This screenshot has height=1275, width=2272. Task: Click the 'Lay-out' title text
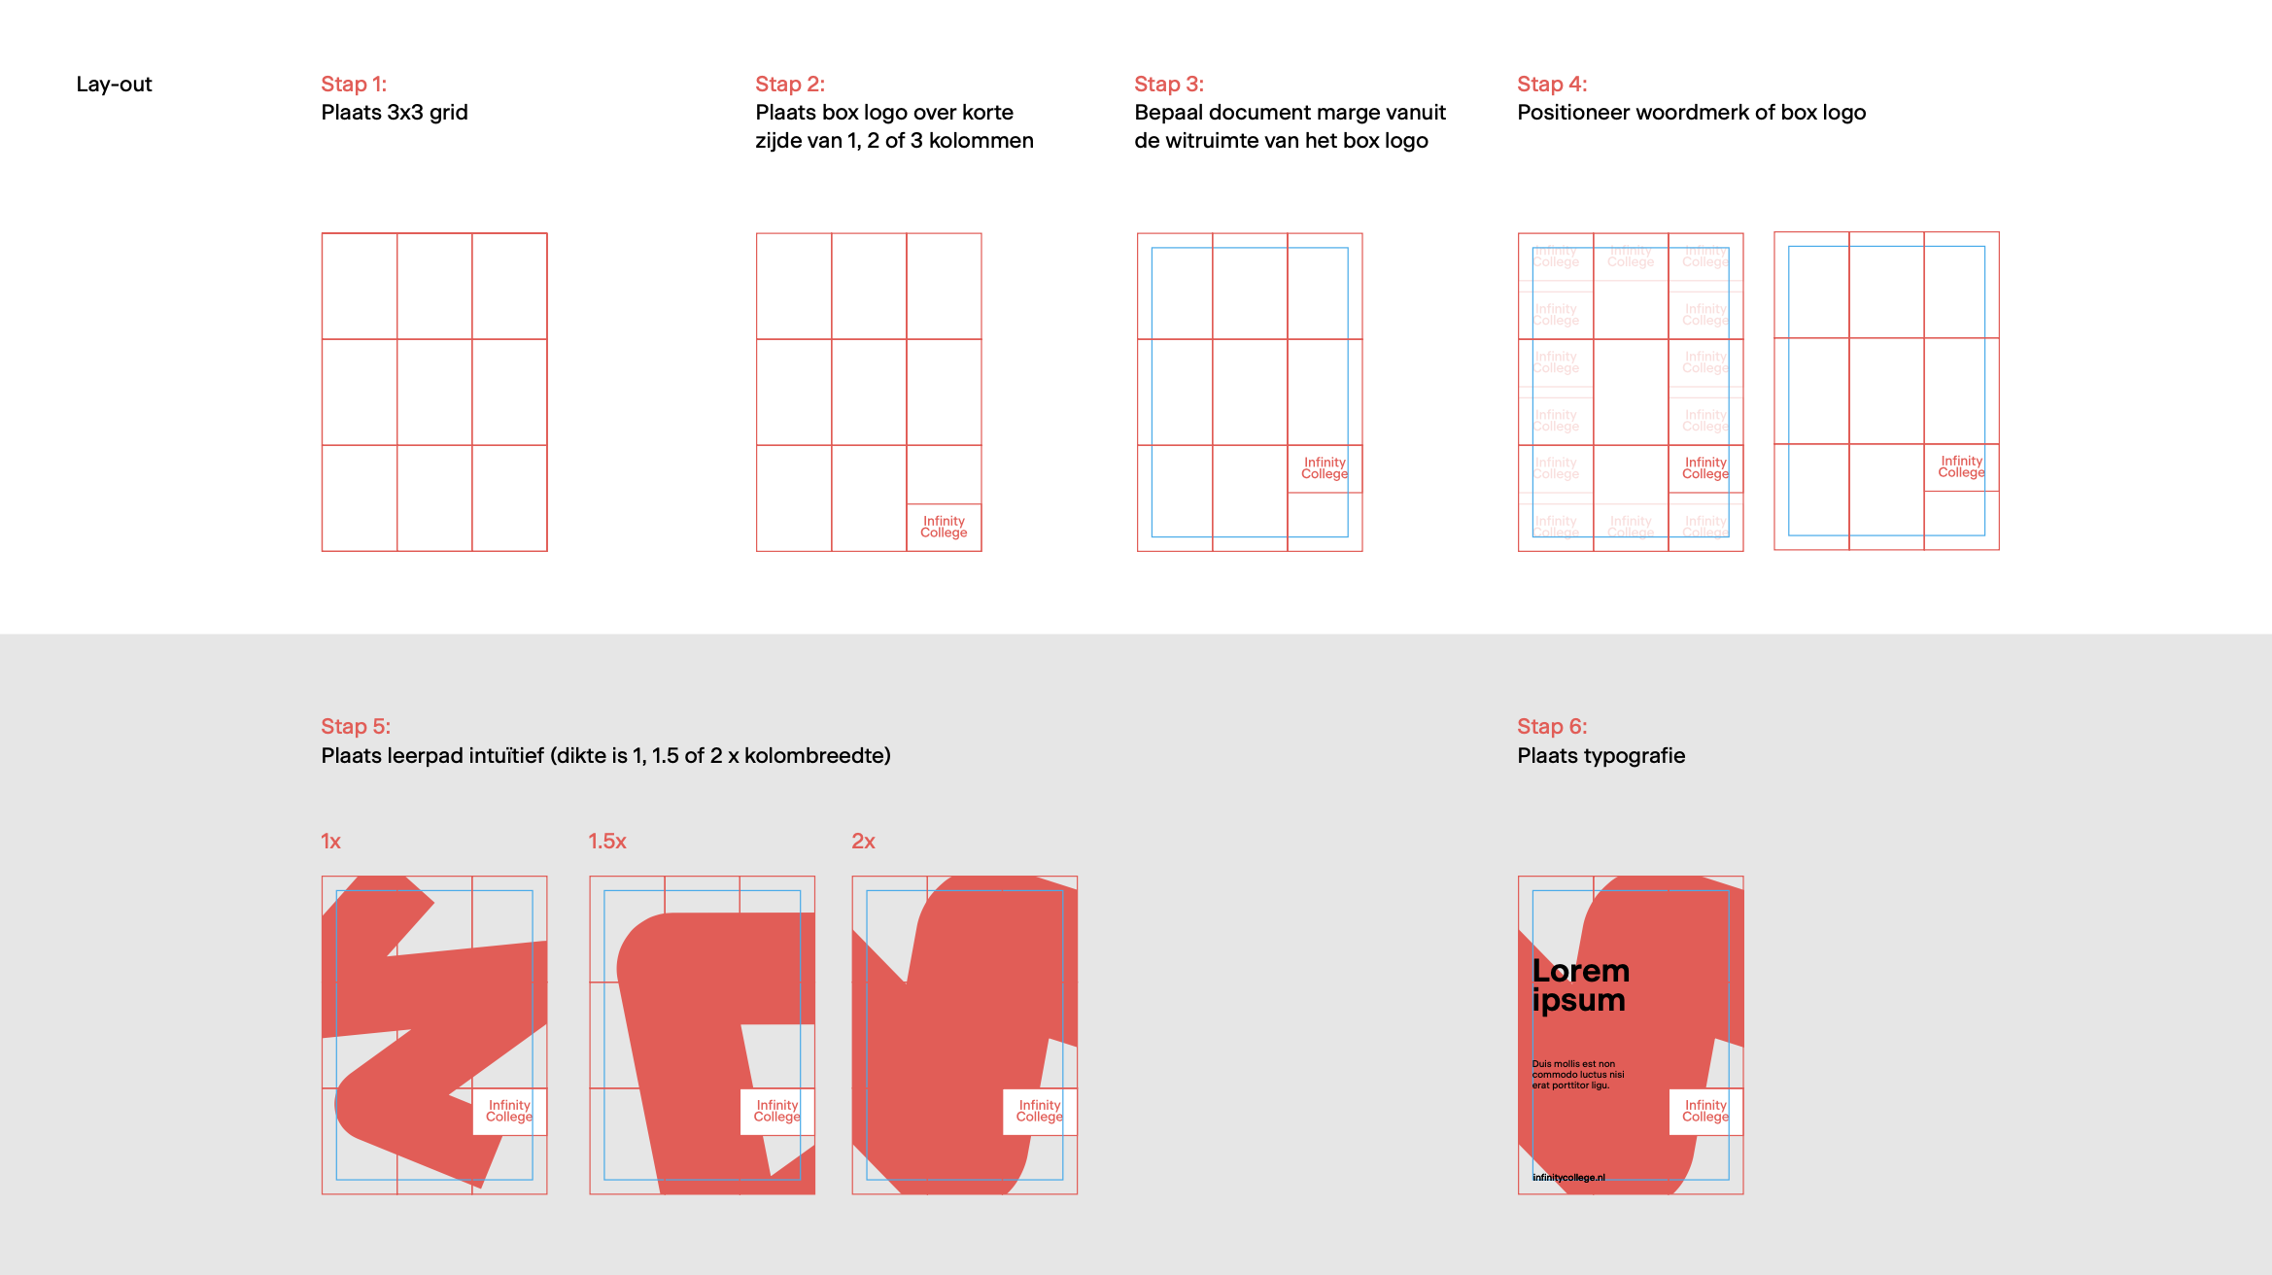[x=114, y=85]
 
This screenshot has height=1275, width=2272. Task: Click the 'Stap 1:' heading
[x=354, y=85]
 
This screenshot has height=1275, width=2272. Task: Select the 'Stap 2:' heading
[x=789, y=85]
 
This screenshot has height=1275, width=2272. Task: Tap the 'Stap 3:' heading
[x=1168, y=85]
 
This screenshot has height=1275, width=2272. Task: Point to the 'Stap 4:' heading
[x=1551, y=85]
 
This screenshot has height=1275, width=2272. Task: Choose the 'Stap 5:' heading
[x=356, y=727]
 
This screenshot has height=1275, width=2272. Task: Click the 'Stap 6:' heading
[x=1551, y=727]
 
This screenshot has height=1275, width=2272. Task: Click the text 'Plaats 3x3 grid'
[x=394, y=113]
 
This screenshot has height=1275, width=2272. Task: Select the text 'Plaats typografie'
[x=1601, y=756]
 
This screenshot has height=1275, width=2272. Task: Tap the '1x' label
[x=330, y=842]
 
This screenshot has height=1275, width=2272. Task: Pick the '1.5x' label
[x=606, y=842]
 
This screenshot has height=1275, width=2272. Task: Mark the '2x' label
[x=863, y=842]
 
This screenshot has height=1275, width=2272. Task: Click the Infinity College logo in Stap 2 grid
[x=944, y=527]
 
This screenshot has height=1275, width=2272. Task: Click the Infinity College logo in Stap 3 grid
[x=1325, y=468]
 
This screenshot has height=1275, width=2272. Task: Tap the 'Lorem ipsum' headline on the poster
[x=1580, y=985]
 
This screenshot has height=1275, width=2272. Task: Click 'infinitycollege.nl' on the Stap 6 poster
[x=1568, y=1178]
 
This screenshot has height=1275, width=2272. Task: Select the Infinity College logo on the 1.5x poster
[x=776, y=1111]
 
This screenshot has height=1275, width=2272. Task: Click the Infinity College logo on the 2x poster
[x=1039, y=1111]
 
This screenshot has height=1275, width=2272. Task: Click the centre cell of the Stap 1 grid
[x=434, y=392]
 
